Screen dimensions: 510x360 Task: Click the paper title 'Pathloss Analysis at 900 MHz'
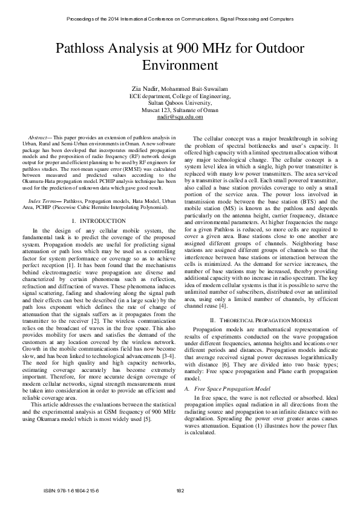[180, 48]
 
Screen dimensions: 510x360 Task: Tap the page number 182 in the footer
[180, 489]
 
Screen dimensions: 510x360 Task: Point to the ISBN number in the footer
[71, 489]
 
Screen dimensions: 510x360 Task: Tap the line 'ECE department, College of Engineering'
[180, 96]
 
